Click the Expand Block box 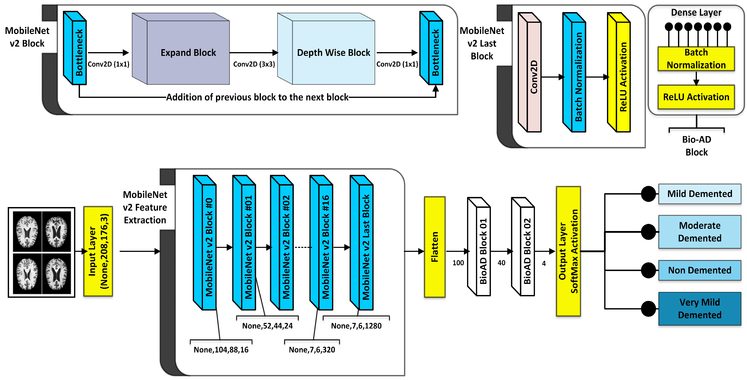click(x=188, y=53)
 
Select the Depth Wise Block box click(x=333, y=53)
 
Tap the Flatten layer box click(x=434, y=247)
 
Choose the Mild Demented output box click(x=699, y=194)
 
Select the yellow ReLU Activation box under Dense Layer click(x=696, y=97)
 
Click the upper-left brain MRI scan click(x=27, y=231)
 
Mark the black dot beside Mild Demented click(x=648, y=194)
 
